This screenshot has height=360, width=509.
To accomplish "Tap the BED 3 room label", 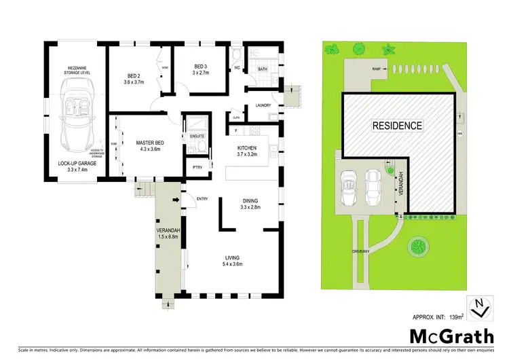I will (x=200, y=65).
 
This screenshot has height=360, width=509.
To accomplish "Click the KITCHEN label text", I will (x=246, y=147).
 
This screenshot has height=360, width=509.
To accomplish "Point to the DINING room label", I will (x=250, y=200).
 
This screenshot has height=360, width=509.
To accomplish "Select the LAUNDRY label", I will (x=263, y=105).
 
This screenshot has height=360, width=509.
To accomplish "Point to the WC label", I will (x=238, y=68).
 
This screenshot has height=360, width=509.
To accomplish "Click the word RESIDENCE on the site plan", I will (x=396, y=126).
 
